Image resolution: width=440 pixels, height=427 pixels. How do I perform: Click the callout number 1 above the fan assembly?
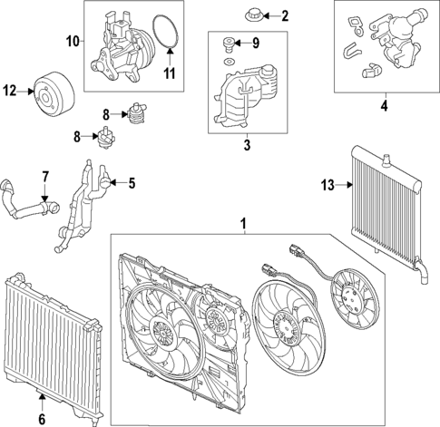click(242, 223)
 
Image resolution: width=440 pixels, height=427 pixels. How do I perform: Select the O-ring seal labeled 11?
click(163, 32)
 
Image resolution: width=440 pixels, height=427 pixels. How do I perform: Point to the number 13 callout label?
click(326, 186)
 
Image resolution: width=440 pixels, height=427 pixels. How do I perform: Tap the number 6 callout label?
click(42, 419)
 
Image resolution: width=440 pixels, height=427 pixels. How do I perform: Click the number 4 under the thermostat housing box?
click(384, 106)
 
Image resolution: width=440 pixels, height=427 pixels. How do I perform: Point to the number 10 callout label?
click(73, 41)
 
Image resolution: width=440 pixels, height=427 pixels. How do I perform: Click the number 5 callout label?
click(132, 183)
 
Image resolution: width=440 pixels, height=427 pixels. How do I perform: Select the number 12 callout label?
click(10, 90)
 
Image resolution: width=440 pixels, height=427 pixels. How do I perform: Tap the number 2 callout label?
click(284, 15)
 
